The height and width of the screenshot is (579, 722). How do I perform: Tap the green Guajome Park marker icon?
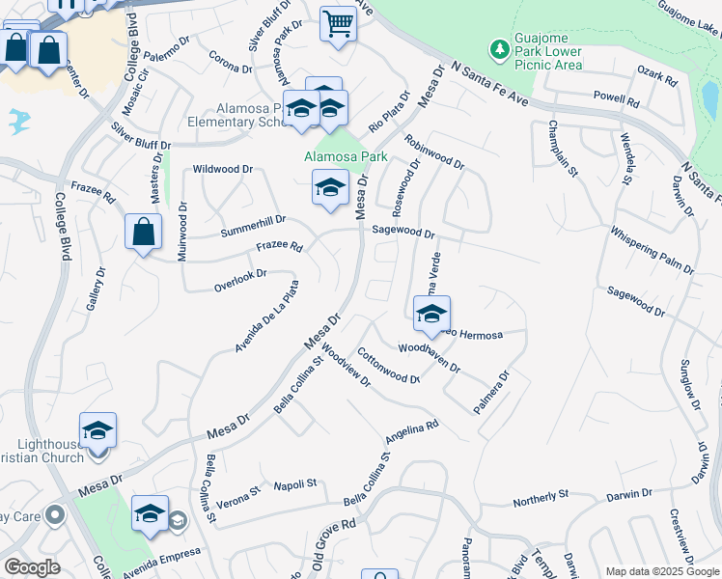[x=499, y=48]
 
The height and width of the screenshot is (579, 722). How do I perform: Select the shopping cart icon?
[x=338, y=23]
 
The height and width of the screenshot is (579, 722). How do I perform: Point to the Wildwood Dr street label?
[x=223, y=169]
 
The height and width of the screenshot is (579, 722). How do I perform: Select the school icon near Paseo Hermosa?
[x=431, y=313]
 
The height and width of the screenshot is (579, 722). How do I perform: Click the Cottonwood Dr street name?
[x=388, y=366]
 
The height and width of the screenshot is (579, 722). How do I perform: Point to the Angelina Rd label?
[x=411, y=430]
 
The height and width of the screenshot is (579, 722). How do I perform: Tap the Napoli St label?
[x=295, y=484]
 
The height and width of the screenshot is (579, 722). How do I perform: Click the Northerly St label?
[x=541, y=498]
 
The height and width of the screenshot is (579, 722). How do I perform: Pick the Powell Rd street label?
[x=618, y=99]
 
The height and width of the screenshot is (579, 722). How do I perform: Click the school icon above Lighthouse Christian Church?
[x=97, y=430]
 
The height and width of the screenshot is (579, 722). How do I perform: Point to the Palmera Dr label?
[x=490, y=393]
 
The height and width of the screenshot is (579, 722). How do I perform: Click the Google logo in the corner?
[x=32, y=567]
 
